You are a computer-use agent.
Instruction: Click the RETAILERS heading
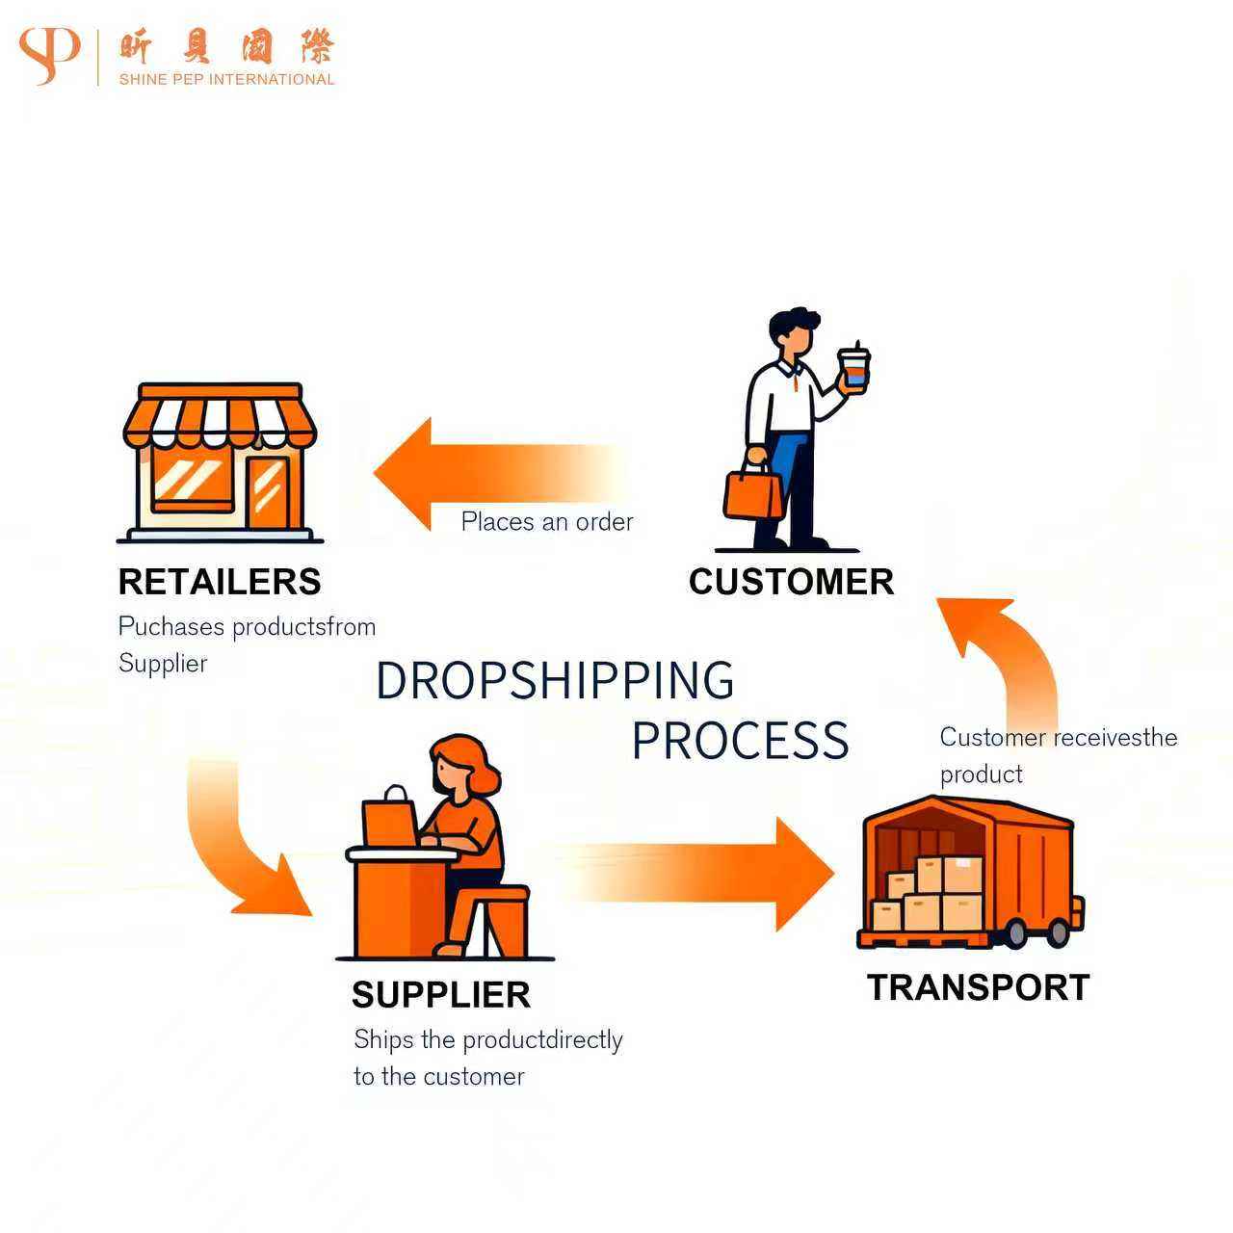(x=220, y=582)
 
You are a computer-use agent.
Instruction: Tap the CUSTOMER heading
(x=791, y=582)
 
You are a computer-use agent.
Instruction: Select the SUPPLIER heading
(x=441, y=995)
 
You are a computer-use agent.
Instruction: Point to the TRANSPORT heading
(x=978, y=987)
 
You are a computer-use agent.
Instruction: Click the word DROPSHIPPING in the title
(x=555, y=680)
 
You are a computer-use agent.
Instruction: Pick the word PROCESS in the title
(x=740, y=741)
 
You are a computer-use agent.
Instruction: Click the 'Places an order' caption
(x=547, y=522)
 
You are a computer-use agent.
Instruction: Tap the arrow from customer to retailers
(x=482, y=473)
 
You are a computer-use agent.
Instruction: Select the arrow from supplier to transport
(x=713, y=874)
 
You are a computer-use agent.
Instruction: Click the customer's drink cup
(x=853, y=368)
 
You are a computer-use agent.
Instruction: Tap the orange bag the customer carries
(x=753, y=492)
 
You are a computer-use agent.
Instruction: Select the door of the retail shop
(x=268, y=491)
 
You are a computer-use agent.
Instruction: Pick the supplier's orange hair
(x=466, y=761)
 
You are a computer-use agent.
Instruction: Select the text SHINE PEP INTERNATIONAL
(x=226, y=80)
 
